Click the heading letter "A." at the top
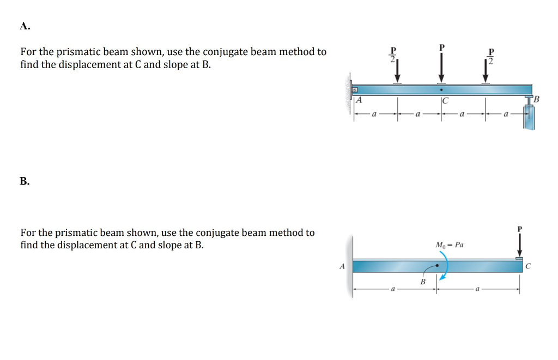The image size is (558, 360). pos(25,26)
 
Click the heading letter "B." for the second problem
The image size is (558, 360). pos(25,181)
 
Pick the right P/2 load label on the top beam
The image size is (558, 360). pos(491,56)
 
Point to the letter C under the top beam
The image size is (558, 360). pos(445,100)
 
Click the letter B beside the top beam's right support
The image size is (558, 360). pos(537,99)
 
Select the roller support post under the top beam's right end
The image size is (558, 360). pos(529,115)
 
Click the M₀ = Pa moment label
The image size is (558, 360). pos(450,245)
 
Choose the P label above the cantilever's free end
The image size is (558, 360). pos(519,229)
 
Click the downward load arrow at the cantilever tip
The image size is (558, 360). pos(519,245)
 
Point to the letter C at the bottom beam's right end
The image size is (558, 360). pos(528,266)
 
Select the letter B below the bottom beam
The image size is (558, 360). pos(422,282)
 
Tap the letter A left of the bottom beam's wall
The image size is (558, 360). pos(342,266)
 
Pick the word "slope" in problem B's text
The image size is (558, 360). pos(169,245)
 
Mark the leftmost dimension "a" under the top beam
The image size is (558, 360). pos(373,115)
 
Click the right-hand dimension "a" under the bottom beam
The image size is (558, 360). pos(477,289)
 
